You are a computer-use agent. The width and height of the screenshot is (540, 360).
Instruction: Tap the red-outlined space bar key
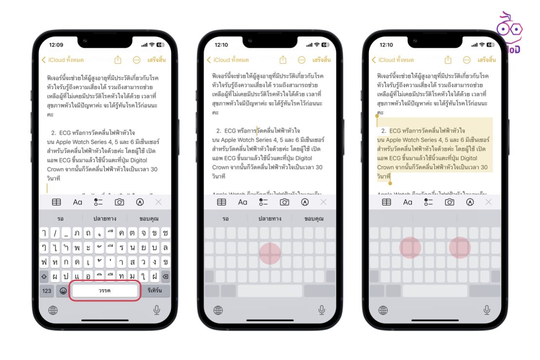pyautogui.click(x=105, y=291)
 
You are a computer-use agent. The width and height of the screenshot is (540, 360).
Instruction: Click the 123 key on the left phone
pyautogui.click(x=47, y=291)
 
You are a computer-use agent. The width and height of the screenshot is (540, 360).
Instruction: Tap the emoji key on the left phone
pyautogui.click(x=63, y=291)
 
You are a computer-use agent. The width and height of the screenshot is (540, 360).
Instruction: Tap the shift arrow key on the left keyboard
pyautogui.click(x=44, y=276)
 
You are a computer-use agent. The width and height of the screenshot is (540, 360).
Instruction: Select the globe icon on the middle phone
pyautogui.click(x=218, y=310)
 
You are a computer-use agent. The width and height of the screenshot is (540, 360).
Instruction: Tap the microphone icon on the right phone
pyautogui.click(x=486, y=310)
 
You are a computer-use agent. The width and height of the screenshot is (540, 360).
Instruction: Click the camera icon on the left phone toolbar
pyautogui.click(x=119, y=202)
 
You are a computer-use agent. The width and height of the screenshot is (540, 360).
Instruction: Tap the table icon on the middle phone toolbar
pyautogui.click(x=222, y=202)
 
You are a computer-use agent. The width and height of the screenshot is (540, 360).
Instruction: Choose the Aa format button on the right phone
pyautogui.click(x=408, y=202)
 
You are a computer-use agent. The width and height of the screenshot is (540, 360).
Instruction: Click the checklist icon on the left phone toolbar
pyautogui.click(x=98, y=202)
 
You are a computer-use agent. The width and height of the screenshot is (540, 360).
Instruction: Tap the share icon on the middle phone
pyautogui.click(x=283, y=60)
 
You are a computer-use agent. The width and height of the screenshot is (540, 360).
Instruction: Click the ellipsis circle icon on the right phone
pyautogui.click(x=467, y=60)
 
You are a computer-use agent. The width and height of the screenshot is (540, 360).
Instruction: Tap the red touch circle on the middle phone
pyautogui.click(x=270, y=253)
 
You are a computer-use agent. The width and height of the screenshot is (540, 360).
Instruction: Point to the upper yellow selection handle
pyautogui.click(x=377, y=116)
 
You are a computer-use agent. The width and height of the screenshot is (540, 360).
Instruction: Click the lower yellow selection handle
pyautogui.click(x=389, y=183)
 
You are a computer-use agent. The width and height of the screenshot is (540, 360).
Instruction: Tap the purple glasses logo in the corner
pyautogui.click(x=509, y=29)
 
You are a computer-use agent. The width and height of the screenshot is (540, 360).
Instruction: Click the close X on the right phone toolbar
pyautogui.click(x=488, y=202)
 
